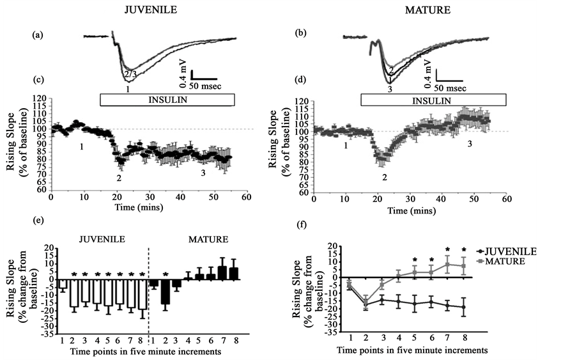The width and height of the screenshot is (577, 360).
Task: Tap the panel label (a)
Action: pos(38,36)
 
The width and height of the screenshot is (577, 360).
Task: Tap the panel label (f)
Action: pos(305,224)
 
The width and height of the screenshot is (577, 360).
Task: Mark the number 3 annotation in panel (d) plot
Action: pos(470,145)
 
